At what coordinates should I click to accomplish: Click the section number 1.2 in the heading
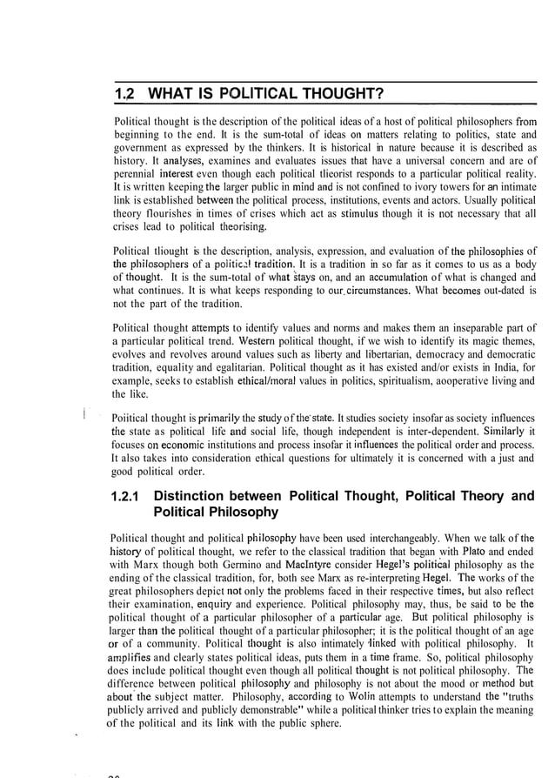pyautogui.click(x=126, y=94)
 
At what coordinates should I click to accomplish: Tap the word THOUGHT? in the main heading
pyautogui.click(x=334, y=94)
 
